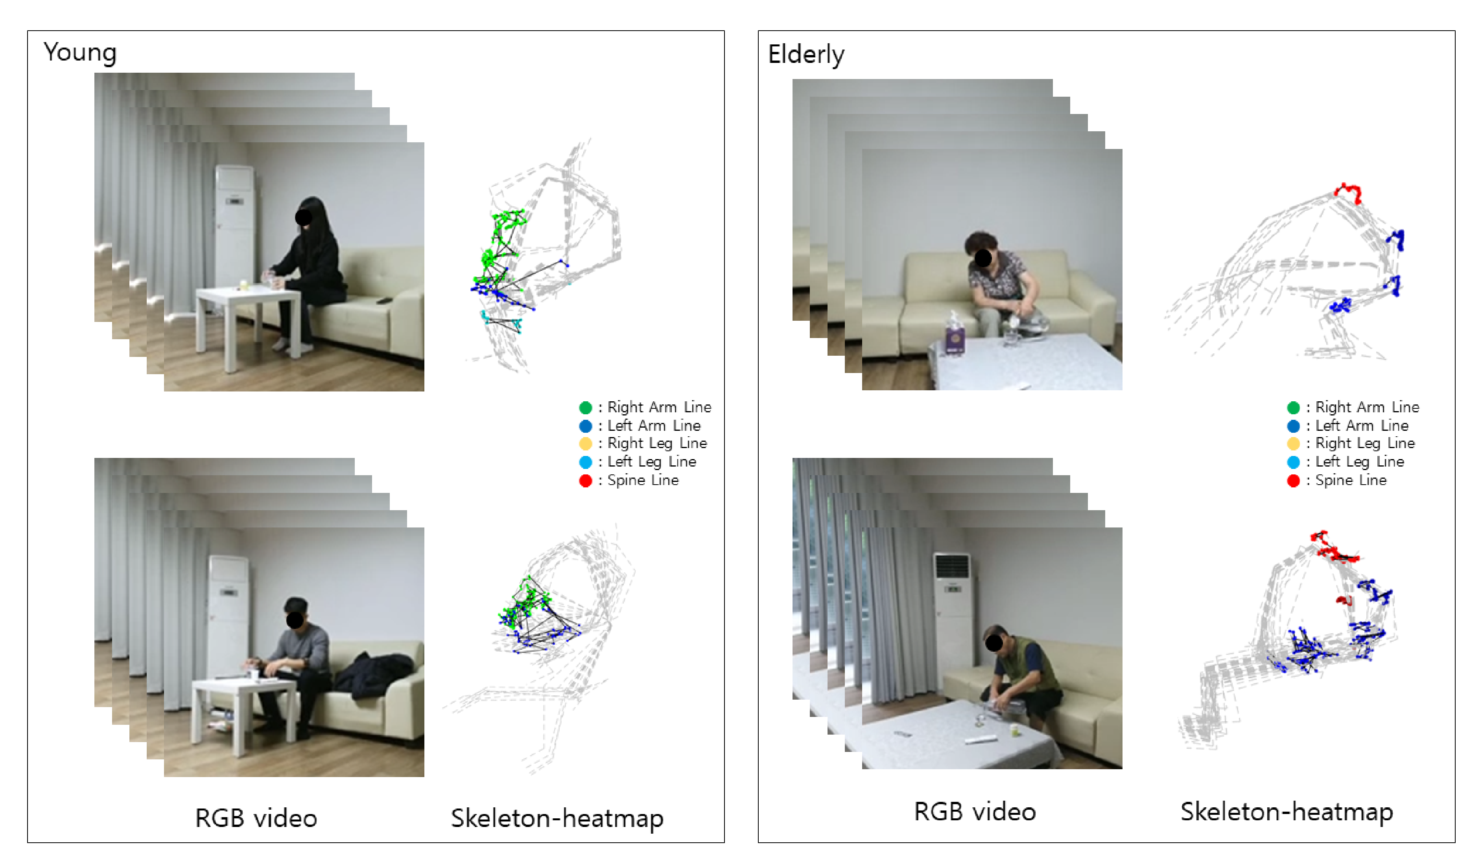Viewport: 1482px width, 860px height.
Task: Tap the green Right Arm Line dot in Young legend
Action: pyautogui.click(x=585, y=407)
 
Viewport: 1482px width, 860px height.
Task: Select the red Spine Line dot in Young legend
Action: pyautogui.click(x=585, y=481)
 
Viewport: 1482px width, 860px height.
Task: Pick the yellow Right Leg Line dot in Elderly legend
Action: pyautogui.click(x=1293, y=444)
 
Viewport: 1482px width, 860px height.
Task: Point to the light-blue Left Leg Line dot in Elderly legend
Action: pyautogui.click(x=1293, y=462)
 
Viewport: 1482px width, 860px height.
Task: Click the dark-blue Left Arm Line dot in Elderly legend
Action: pyautogui.click(x=1293, y=426)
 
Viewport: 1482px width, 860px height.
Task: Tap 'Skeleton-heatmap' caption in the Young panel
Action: pyautogui.click(x=557, y=818)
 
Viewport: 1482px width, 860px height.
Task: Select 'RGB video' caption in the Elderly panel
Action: pyautogui.click(x=975, y=811)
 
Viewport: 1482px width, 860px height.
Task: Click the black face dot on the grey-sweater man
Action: pyautogui.click(x=295, y=619)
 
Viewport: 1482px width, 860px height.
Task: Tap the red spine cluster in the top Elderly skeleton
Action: pyautogui.click(x=1348, y=192)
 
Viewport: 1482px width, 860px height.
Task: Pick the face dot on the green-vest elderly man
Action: pyautogui.click(x=994, y=643)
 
